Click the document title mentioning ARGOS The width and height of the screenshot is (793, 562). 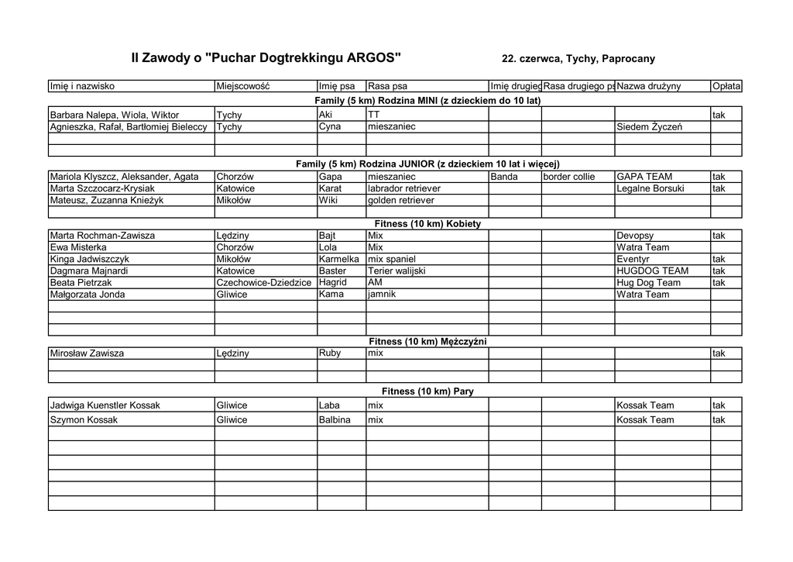pos(266,57)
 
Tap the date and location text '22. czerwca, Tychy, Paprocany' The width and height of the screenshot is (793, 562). pos(578,59)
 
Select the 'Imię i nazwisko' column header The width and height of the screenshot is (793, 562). pos(82,86)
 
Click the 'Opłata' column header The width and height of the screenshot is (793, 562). pos(726,86)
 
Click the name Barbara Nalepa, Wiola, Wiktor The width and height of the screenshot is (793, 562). pos(115,115)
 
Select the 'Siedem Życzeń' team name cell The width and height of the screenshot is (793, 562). pos(649,126)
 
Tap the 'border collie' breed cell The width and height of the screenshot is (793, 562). pos(569,177)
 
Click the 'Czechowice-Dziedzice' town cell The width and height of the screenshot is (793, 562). pos(264,283)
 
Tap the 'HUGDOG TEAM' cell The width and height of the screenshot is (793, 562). pos(652,271)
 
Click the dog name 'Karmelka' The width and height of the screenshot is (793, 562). pos(339,259)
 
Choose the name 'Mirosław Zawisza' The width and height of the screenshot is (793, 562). pos(87,353)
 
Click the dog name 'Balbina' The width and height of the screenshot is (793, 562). pos(335,420)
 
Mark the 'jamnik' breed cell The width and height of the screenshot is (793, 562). pos(382,295)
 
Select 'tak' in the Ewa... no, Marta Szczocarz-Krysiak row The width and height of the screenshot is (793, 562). pos(719,188)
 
